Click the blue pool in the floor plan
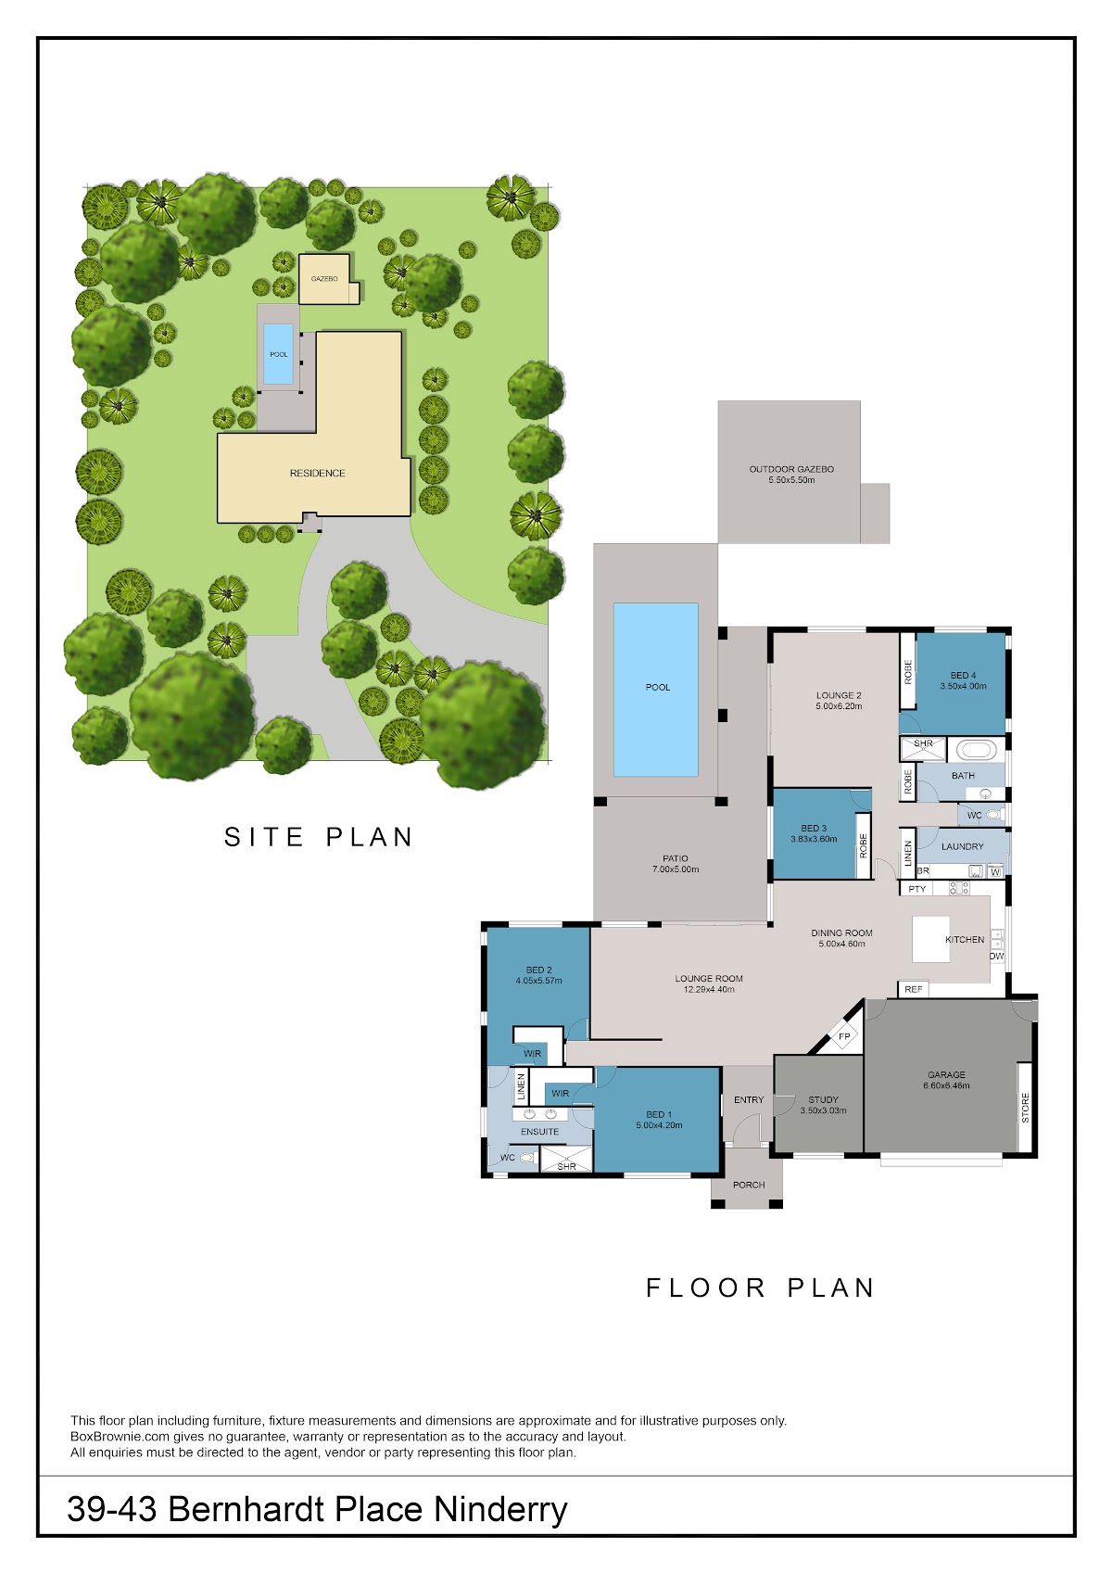coord(656,690)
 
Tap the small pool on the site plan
coord(279,354)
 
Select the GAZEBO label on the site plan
coord(324,279)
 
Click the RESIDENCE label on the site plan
coord(317,474)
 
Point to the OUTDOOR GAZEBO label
coord(791,469)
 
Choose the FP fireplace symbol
coord(844,1036)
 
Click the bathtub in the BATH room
coord(977,750)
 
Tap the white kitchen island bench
coord(930,939)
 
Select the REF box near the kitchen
coord(914,989)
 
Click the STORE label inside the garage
coord(1025,1108)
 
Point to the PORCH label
coord(749,1185)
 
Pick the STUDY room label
coord(823,1099)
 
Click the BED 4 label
coord(963,676)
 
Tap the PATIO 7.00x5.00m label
coord(675,864)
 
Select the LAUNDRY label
coord(963,847)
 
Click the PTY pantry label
coord(916,889)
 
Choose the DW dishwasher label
coord(996,957)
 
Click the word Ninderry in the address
coord(500,1509)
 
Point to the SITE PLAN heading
coord(319,837)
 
